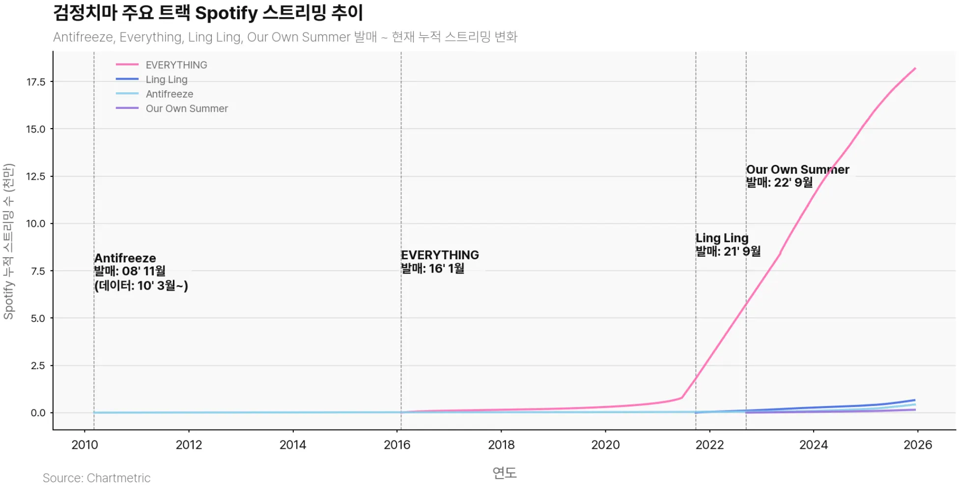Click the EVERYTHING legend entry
[x=176, y=65]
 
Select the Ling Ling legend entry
[x=166, y=80]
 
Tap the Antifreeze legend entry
[x=169, y=94]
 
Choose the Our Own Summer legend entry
[x=187, y=108]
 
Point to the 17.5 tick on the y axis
[x=36, y=82]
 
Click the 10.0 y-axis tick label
[x=36, y=224]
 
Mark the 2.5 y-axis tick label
[x=38, y=366]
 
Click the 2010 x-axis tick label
[x=85, y=445]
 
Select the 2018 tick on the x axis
[x=501, y=445]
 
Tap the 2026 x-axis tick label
[x=917, y=445]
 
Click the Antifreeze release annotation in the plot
[x=141, y=271]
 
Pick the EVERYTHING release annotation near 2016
[x=439, y=262]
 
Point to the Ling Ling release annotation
[x=728, y=244]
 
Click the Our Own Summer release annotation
[x=797, y=176]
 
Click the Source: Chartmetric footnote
[x=96, y=478]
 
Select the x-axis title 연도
[x=505, y=472]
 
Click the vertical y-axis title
[x=9, y=242]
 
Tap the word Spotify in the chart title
[x=226, y=13]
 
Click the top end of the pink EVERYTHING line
[x=915, y=69]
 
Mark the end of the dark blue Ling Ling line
[x=915, y=400]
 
